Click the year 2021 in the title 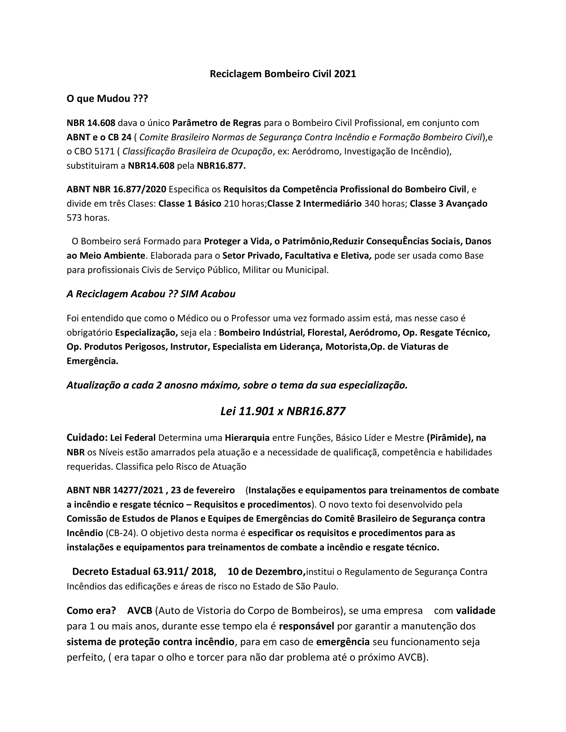pos(345,74)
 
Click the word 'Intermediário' pos(332,204)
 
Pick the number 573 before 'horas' pos(74,218)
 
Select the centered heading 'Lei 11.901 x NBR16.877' pos(283,411)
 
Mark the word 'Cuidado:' pos(87,438)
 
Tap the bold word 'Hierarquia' pos(247,438)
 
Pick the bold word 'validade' pos(475,611)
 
